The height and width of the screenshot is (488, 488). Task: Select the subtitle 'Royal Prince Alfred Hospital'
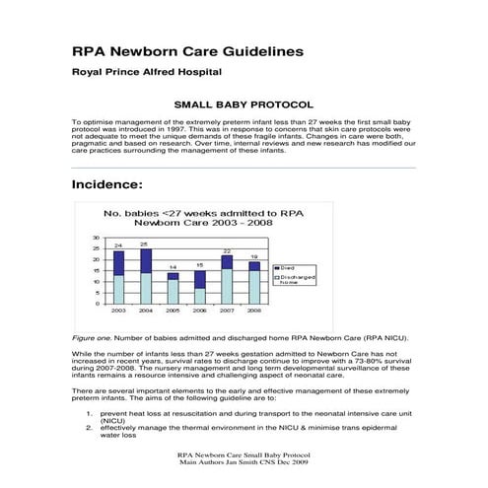[x=147, y=72]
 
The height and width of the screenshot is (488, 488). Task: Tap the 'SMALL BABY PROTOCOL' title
[x=244, y=104]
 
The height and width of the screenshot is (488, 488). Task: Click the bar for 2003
[x=119, y=276]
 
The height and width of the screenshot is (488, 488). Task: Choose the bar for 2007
[x=227, y=279]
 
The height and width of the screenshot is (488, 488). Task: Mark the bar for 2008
[x=253, y=282]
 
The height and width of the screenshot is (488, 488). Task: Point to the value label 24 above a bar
[x=118, y=245]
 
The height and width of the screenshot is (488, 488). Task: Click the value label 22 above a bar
[x=227, y=251]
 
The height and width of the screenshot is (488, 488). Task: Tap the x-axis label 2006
[x=199, y=311]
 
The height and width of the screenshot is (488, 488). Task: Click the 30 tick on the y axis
[x=96, y=238]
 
